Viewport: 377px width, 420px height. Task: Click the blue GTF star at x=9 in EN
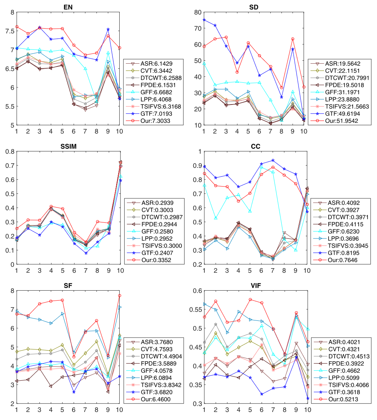[x=108, y=29]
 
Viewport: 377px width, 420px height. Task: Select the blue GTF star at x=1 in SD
[x=204, y=20]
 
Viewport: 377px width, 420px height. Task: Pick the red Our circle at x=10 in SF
[x=120, y=296]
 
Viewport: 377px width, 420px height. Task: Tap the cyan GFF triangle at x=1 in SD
[x=204, y=63]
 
